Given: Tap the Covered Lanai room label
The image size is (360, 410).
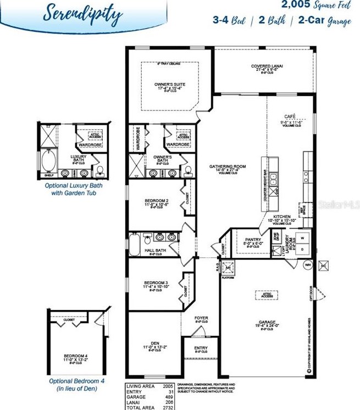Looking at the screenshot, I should click(267, 67).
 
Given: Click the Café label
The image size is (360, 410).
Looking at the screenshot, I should click(289, 117).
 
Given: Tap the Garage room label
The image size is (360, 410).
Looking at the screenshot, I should click(268, 323).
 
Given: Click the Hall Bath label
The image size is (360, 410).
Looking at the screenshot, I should click(155, 251).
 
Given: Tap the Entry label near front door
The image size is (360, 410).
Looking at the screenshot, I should click(201, 348).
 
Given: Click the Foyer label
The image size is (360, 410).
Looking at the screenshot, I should click(202, 318).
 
